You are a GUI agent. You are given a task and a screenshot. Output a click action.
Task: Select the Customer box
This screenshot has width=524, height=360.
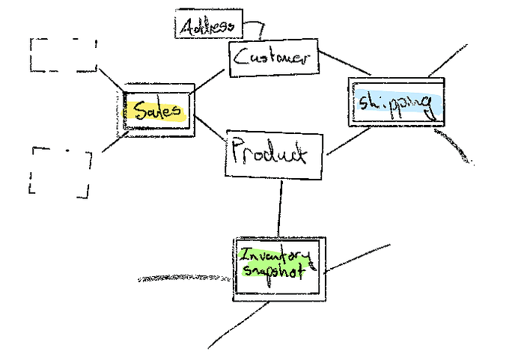273,58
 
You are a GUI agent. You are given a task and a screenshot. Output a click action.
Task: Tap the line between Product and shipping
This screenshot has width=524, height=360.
350,142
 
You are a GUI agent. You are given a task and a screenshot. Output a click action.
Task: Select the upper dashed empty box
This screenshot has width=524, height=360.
64,54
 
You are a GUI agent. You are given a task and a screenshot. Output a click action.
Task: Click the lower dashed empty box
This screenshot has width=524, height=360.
60,172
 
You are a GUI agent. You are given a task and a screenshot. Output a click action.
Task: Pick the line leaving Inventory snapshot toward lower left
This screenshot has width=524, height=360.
240,326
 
